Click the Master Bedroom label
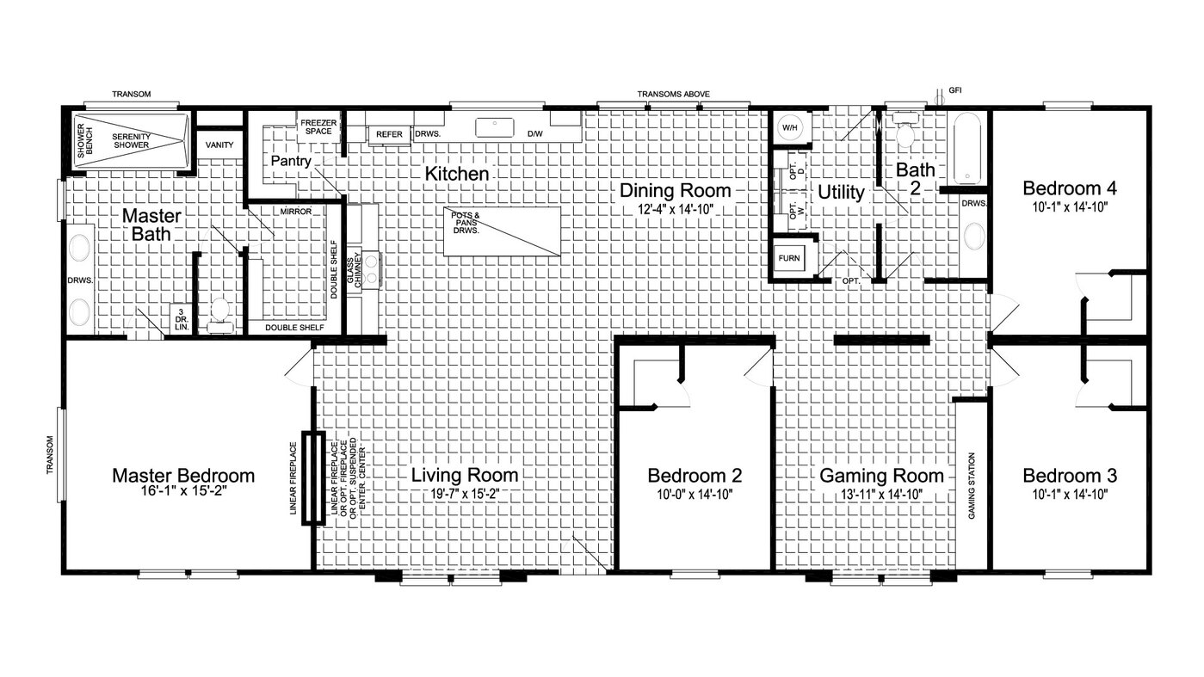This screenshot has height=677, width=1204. (x=183, y=476)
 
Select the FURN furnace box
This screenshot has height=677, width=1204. (x=789, y=258)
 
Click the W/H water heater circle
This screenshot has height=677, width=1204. (x=789, y=128)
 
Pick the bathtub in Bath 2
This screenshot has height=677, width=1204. (x=968, y=148)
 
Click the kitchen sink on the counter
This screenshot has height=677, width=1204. (x=495, y=128)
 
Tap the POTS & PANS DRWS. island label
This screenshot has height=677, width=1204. (x=466, y=223)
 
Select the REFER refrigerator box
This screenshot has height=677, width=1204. (x=389, y=134)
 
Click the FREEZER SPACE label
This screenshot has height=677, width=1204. (x=318, y=126)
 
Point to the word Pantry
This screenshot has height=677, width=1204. (x=291, y=161)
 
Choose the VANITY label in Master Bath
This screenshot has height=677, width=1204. (x=219, y=145)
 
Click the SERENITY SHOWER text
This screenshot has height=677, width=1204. (x=131, y=141)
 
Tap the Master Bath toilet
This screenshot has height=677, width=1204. (x=219, y=315)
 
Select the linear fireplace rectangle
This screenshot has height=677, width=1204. (x=312, y=477)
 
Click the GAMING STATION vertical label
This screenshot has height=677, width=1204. (x=972, y=486)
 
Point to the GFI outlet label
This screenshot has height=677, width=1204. (x=955, y=90)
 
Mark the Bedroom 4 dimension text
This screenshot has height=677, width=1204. (x=1070, y=206)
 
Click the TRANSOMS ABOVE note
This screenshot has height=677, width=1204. (x=674, y=94)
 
